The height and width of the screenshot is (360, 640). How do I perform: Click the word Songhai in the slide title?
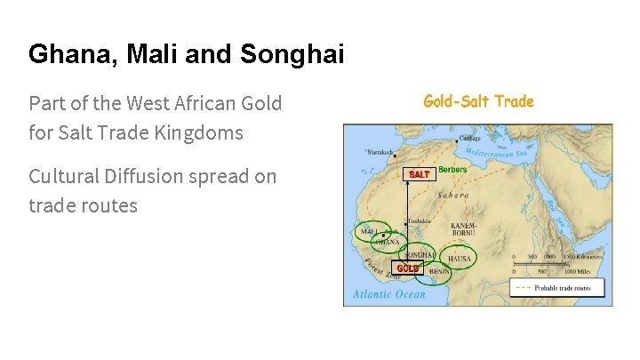[292, 55]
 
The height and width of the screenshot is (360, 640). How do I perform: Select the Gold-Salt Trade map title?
[478, 101]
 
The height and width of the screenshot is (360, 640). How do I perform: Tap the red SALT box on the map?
[419, 174]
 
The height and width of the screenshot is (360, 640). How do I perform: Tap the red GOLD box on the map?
[407, 268]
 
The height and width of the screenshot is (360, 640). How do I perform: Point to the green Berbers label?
[453, 170]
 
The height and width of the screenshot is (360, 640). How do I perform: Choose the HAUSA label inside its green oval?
[460, 259]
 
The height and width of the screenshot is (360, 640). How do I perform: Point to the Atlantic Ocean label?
[390, 294]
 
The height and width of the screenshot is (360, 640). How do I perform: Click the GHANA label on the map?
[387, 241]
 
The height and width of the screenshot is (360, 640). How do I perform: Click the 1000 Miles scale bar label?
[583, 272]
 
